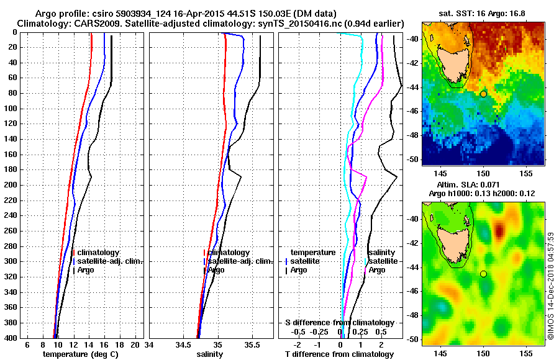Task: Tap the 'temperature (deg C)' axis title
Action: point(80,354)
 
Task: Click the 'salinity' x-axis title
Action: point(209,354)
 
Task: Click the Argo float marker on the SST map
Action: point(483,94)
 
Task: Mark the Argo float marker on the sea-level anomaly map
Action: point(483,274)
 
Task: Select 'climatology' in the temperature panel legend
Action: point(98,253)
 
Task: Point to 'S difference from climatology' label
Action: point(339,323)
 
